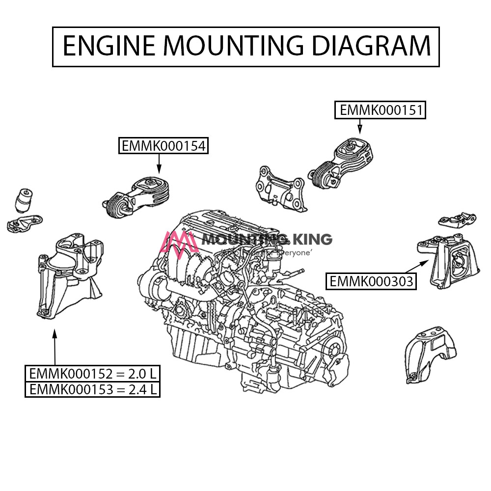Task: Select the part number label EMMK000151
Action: [x=381, y=110]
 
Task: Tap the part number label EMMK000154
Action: [x=164, y=146]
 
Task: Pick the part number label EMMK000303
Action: [x=371, y=281]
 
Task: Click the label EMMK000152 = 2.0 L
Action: [x=93, y=374]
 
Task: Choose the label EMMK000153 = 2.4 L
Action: [x=93, y=389]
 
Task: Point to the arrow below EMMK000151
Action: [x=359, y=126]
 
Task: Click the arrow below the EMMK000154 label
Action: [x=159, y=163]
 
